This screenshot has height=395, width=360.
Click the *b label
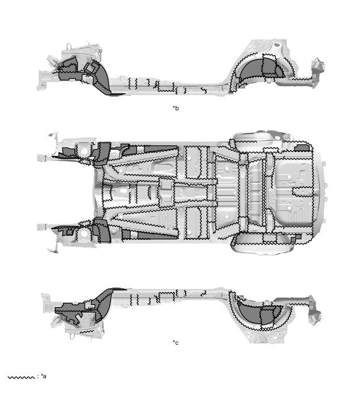176,108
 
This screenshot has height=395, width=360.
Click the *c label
176,343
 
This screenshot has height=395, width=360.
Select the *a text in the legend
43,376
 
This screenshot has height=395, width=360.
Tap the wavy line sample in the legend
21,377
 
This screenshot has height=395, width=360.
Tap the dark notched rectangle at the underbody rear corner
301,148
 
